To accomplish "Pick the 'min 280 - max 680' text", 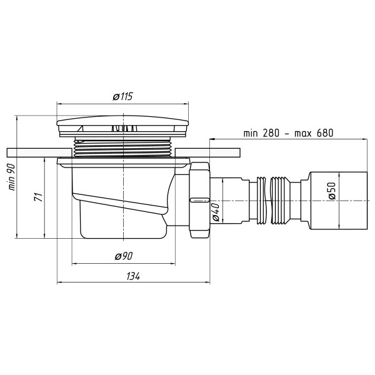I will [289, 132].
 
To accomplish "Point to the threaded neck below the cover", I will [125, 148].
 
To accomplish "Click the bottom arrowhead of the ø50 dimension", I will [339, 229].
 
